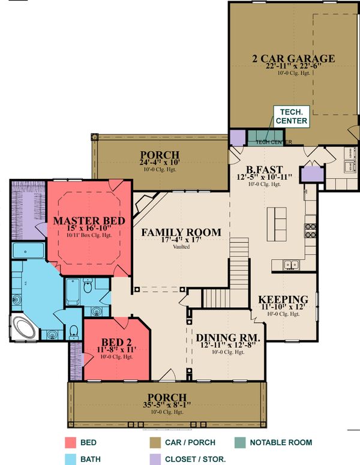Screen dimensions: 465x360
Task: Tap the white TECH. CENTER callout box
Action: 292,116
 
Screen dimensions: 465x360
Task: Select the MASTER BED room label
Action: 89,221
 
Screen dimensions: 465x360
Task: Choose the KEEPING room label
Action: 283,299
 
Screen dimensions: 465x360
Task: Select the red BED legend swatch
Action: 70,443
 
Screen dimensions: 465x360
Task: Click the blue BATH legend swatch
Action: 70,459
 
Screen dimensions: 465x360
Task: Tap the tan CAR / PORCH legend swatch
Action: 154,443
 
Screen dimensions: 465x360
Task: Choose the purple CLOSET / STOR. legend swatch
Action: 154,459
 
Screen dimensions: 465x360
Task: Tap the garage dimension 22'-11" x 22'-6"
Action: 292,67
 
